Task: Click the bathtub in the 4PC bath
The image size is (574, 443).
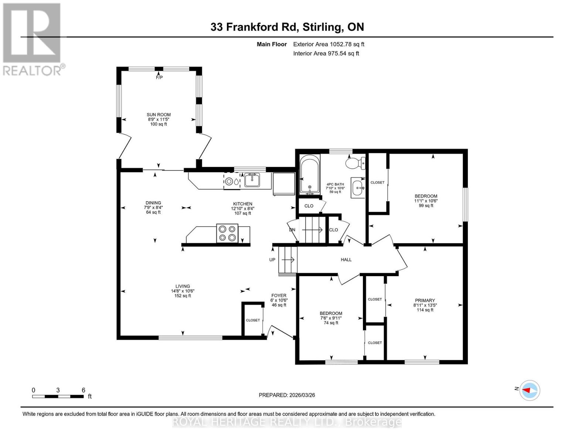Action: coord(309,175)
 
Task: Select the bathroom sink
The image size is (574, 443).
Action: coord(358,188)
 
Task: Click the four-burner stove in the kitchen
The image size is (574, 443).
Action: coord(227,233)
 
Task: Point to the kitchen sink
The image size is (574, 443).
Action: coord(252,180)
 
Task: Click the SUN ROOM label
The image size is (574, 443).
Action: coord(159,115)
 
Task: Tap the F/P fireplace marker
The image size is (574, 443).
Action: coord(159,78)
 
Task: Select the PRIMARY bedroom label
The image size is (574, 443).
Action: coord(425,301)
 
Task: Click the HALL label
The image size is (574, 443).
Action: coord(346,260)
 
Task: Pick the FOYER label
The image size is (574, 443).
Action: coord(279,295)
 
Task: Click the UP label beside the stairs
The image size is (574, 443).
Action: coord(272,260)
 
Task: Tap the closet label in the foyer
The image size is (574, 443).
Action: coord(253,320)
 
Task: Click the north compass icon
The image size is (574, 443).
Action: coord(530,390)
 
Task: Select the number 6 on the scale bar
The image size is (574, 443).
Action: coord(84,390)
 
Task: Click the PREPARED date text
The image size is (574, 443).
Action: coord(287,395)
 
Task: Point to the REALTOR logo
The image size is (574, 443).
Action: coord(33,39)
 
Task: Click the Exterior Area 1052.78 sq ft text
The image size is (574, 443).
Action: coord(329,44)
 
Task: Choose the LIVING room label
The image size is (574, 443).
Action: coord(183,286)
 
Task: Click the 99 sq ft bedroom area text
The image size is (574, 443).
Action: coord(426,206)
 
